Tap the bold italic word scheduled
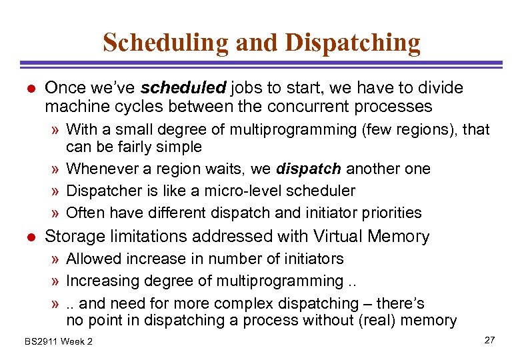pyautogui.click(x=185, y=88)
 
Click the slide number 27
pyautogui.click(x=489, y=340)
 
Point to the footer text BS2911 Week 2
pyautogui.click(x=59, y=341)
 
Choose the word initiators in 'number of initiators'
pyautogui.click(x=311, y=259)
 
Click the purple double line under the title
pyautogui.click(x=260, y=64)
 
